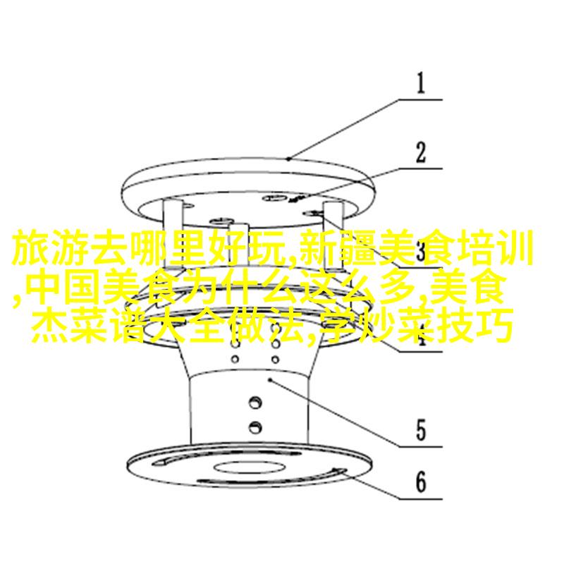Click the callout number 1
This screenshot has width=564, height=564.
(x=420, y=83)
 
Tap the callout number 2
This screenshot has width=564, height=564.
(x=420, y=152)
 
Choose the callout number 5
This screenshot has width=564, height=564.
(x=421, y=430)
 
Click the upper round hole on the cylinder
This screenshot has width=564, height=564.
(x=255, y=402)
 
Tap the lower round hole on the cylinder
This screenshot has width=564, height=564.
(x=255, y=427)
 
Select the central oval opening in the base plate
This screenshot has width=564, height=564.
(x=250, y=467)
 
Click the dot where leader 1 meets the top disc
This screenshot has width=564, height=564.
(x=288, y=158)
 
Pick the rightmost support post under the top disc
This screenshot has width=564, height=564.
(x=333, y=238)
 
